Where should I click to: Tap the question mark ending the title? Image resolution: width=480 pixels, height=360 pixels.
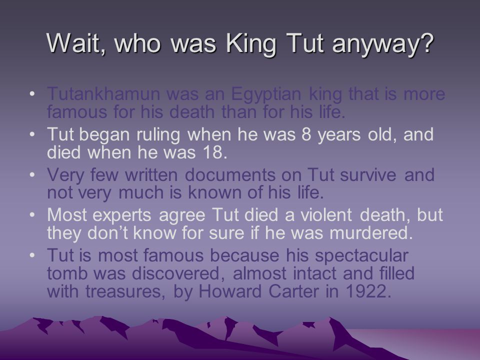(x=426, y=42)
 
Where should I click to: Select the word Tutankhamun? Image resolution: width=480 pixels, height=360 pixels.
(x=103, y=94)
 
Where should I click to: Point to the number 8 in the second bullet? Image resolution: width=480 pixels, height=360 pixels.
(x=306, y=134)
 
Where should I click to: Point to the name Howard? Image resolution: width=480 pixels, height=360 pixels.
(x=230, y=291)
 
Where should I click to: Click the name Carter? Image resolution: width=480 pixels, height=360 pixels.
(x=293, y=291)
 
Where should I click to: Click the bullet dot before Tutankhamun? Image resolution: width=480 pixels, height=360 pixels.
(x=32, y=93)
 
